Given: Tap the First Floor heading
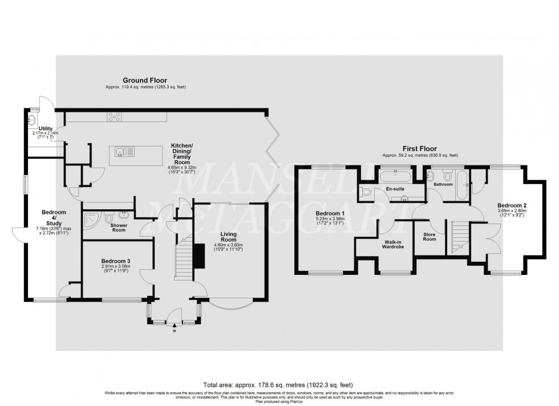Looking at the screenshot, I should click(419, 148).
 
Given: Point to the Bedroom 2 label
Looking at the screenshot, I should click(511, 206).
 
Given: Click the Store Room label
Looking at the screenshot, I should click(430, 237).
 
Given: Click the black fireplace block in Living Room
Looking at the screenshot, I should click(199, 257).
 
